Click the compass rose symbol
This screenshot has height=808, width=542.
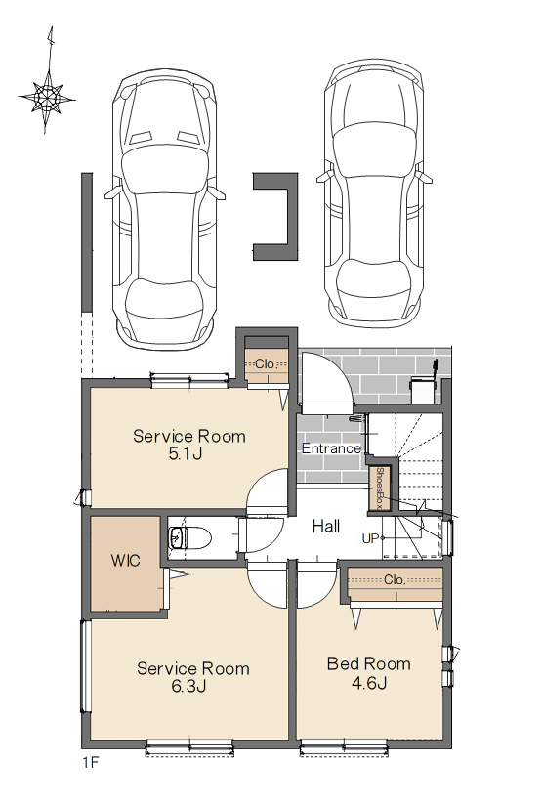click(47, 97)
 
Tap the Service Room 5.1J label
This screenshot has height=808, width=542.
click(189, 445)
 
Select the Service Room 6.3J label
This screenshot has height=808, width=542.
click(193, 677)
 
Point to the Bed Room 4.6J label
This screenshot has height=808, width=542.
click(369, 672)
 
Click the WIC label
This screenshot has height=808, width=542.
click(125, 560)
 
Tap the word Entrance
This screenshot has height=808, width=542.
click(331, 448)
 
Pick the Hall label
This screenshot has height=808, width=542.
click(325, 526)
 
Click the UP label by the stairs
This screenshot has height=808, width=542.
click(370, 539)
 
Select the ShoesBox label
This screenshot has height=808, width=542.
click(380, 488)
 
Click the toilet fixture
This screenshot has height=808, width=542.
click(189, 538)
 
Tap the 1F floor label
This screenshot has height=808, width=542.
click(90, 763)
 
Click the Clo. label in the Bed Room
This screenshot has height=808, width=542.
click(395, 580)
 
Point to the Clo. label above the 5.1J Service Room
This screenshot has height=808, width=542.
click(266, 363)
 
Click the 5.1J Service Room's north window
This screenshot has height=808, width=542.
click(189, 380)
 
